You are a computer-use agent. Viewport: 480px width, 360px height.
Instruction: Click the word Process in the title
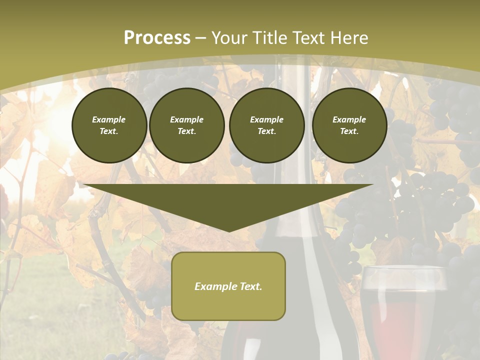(157, 38)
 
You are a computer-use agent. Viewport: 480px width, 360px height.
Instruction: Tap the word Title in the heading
(270, 38)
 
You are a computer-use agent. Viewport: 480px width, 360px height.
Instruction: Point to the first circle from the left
(109, 125)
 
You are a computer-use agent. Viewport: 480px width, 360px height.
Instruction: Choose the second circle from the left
(186, 125)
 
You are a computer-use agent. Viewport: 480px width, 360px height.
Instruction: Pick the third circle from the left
(266, 125)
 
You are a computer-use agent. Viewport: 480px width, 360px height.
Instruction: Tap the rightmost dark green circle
(349, 125)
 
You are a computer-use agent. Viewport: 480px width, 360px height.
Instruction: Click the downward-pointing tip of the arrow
(228, 231)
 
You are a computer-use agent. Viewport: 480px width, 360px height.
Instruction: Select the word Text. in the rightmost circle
(349, 131)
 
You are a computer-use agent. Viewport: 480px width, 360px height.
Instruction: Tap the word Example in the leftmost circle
(109, 119)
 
